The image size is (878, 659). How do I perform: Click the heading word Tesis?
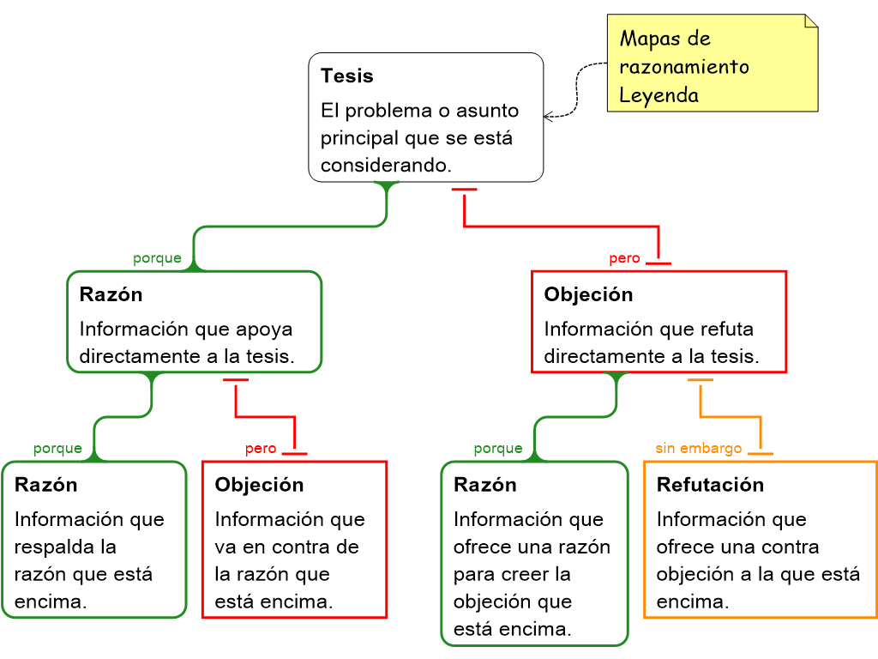[x=347, y=76]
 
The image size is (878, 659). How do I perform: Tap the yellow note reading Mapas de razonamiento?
[x=713, y=63]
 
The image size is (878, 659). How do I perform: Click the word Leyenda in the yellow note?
[x=658, y=95]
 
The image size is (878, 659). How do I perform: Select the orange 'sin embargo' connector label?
[x=698, y=449]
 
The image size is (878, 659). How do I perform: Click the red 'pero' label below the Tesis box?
[x=624, y=259]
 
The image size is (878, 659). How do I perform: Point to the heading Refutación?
[x=710, y=485]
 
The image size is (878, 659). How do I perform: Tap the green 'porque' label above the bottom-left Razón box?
[x=58, y=449]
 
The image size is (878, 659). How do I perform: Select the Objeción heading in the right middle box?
[x=588, y=295]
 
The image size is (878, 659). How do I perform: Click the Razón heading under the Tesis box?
[x=111, y=295]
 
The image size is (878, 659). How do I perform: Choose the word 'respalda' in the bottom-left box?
[x=53, y=547]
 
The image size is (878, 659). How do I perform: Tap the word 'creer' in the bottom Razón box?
[x=528, y=575]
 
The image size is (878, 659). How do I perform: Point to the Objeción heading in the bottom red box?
[x=259, y=485]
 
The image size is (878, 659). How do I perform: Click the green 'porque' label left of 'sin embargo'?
[x=498, y=449]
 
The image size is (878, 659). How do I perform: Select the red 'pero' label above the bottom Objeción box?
[x=261, y=449]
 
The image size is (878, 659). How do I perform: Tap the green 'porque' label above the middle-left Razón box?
[x=158, y=259]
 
